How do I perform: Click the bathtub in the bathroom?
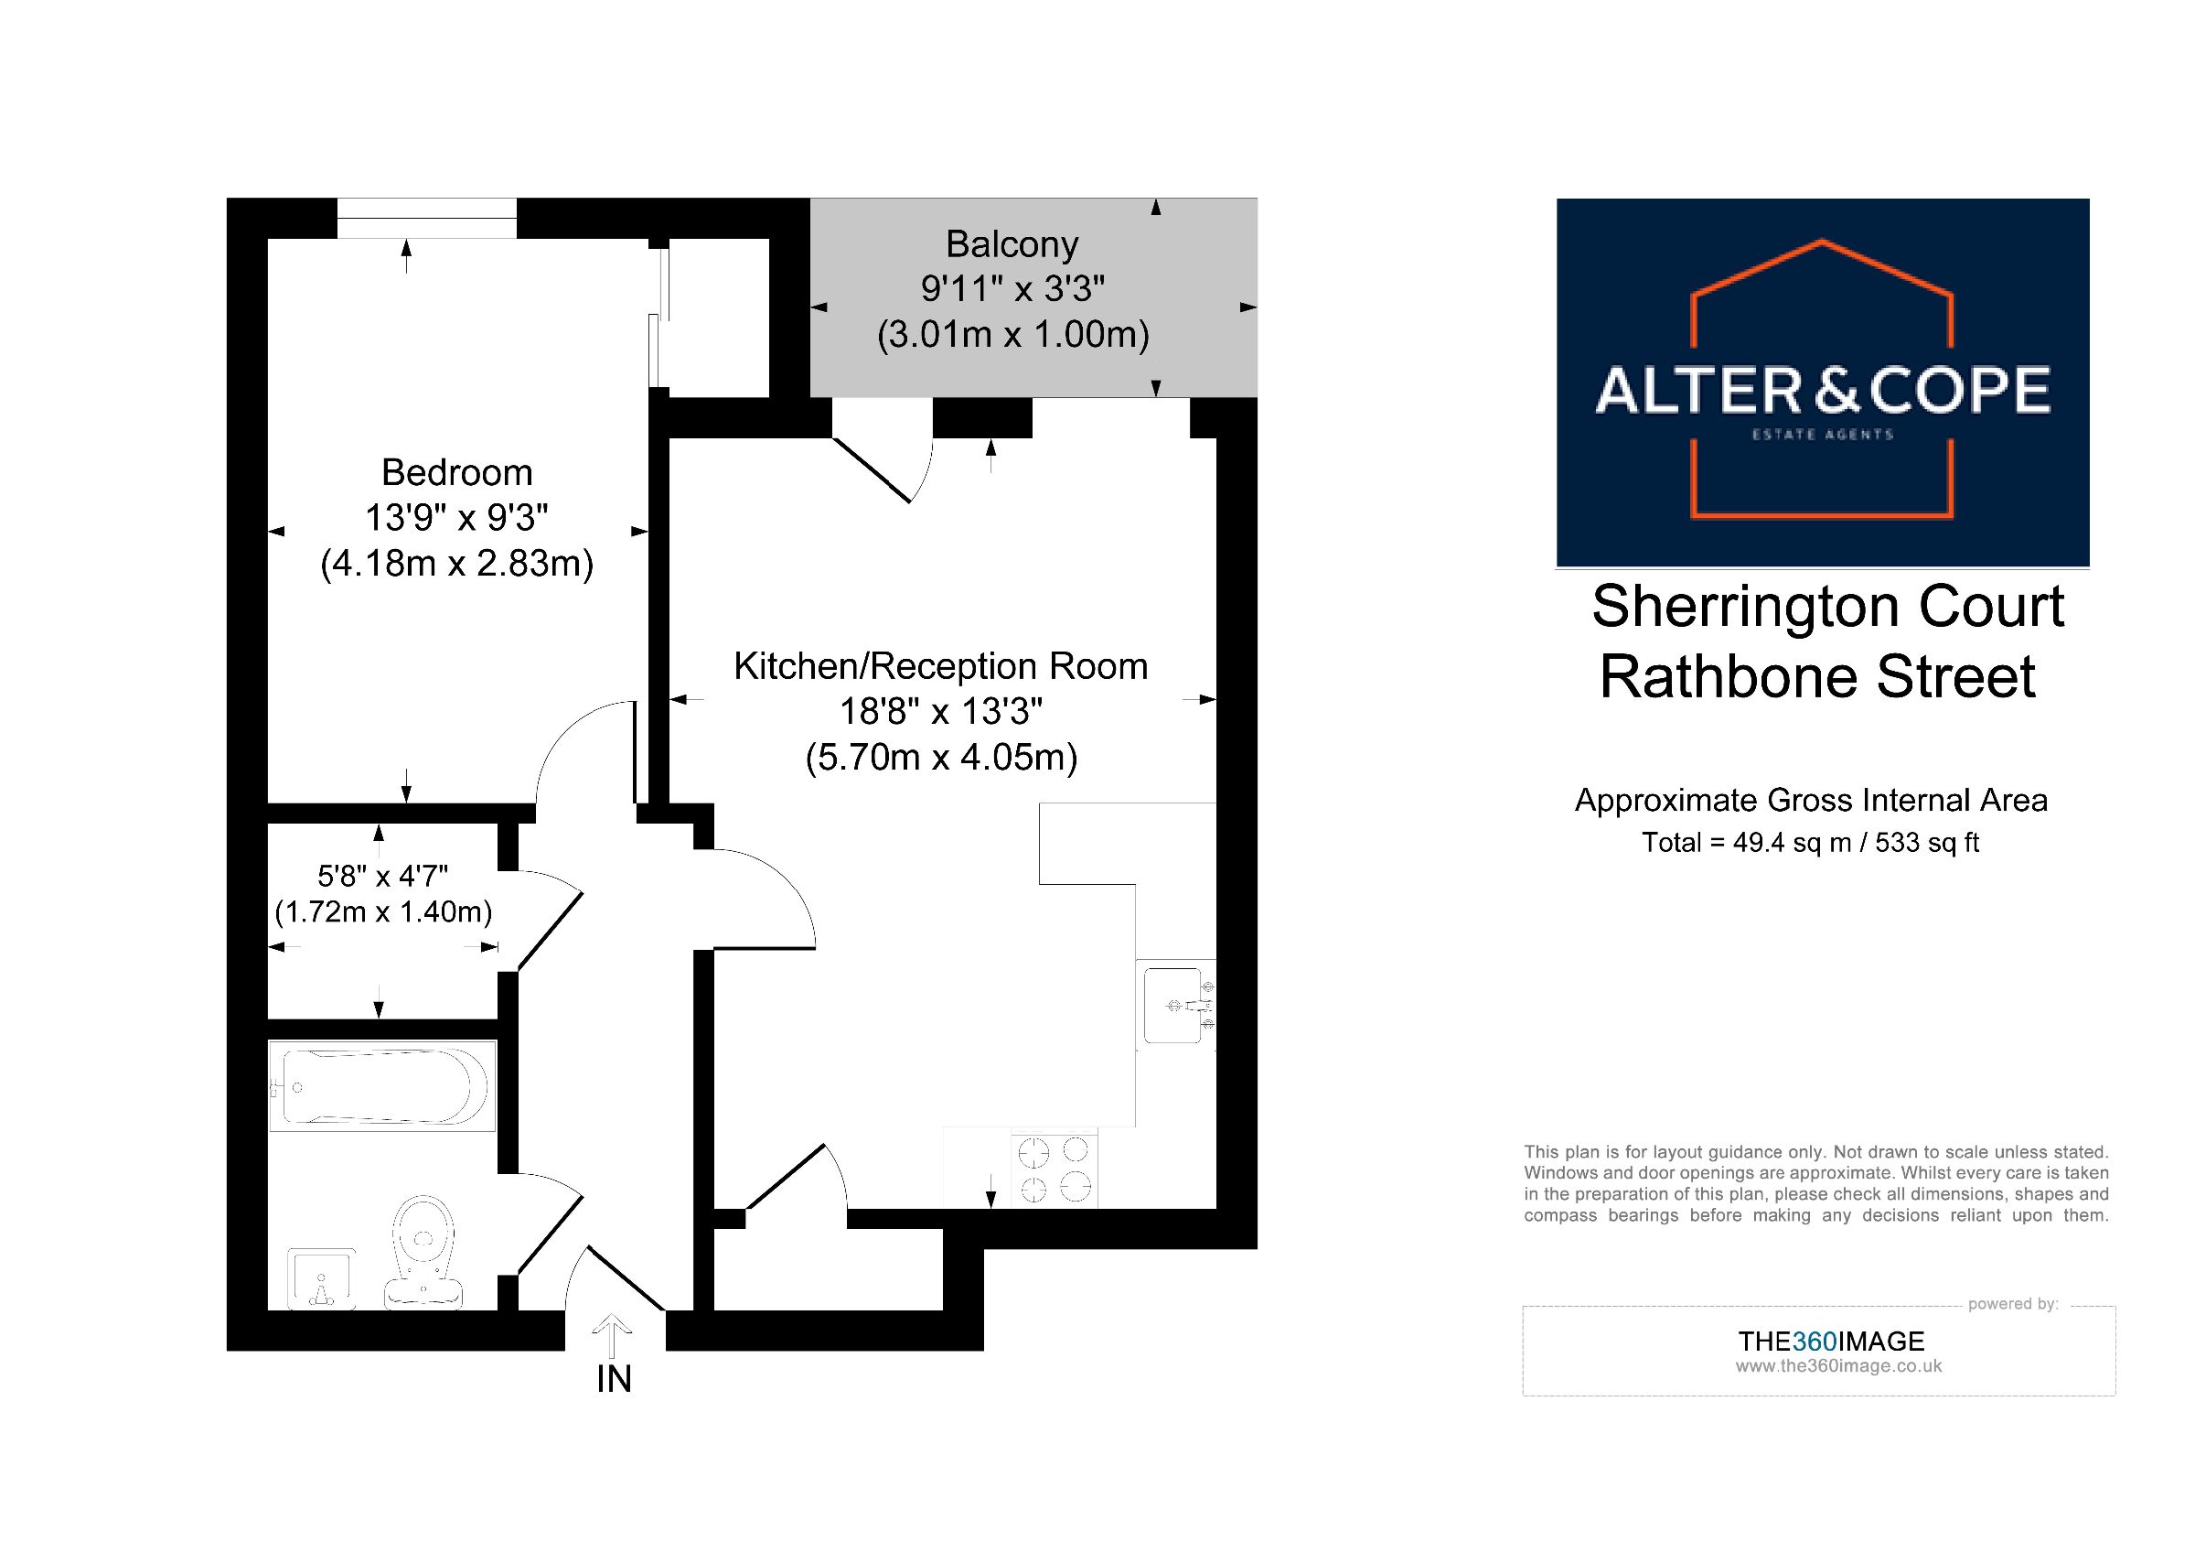[382, 1086]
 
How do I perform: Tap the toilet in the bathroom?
[423, 1251]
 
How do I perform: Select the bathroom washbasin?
[322, 1278]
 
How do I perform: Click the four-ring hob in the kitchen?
[1054, 1169]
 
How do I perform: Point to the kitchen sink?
[1175, 1006]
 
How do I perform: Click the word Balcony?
[1012, 245]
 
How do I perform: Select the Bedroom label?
[457, 472]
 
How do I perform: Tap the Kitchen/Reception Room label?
[941, 666]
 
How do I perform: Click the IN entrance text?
[614, 1379]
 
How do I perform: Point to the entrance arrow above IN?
[612, 1337]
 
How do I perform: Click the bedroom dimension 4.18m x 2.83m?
[457, 563]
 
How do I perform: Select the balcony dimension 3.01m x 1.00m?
[1013, 335]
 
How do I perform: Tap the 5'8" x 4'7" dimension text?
[382, 875]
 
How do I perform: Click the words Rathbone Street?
[1817, 677]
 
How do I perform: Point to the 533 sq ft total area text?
[1927, 844]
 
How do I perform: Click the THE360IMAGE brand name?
[1831, 1341]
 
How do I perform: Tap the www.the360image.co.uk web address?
[1838, 1366]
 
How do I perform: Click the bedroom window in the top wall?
[426, 218]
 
